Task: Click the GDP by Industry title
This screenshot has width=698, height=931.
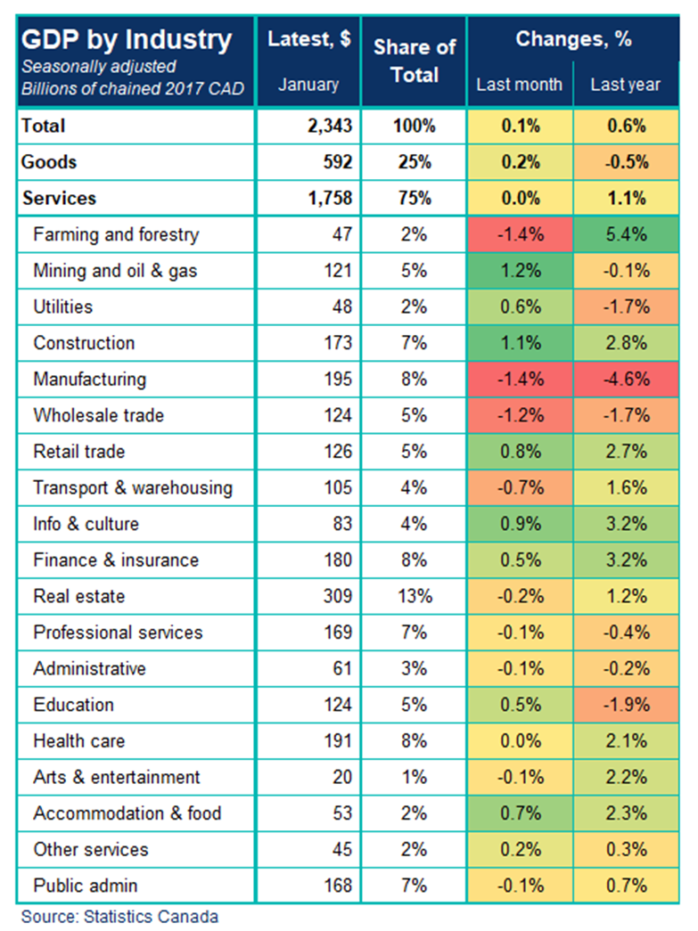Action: (126, 40)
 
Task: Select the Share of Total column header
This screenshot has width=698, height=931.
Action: (414, 61)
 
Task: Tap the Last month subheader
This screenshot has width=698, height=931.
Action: (520, 85)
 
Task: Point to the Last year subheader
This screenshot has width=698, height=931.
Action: (626, 85)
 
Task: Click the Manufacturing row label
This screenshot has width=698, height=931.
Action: (89, 380)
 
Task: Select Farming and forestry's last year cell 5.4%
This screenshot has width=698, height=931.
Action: (626, 235)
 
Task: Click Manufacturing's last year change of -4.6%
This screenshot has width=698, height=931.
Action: (626, 380)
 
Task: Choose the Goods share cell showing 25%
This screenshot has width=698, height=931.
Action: (414, 162)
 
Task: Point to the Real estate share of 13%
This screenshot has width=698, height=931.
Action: (414, 596)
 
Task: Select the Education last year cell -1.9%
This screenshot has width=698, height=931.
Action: (626, 705)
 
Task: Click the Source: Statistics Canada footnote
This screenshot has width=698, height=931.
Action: (119, 916)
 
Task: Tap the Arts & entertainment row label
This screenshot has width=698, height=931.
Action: (117, 777)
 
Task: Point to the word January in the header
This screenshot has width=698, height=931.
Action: (308, 85)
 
